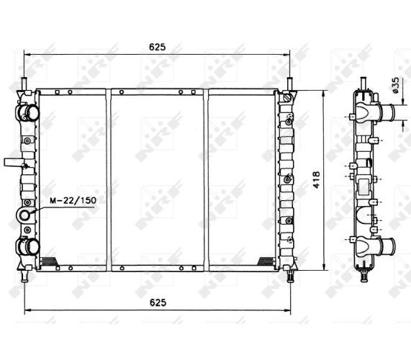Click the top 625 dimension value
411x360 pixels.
point(157,47)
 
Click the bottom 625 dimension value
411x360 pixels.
point(158,302)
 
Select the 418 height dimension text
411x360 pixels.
point(317,179)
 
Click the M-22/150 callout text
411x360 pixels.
point(73,201)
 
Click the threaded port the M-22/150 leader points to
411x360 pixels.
point(24,215)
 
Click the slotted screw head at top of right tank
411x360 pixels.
point(288,99)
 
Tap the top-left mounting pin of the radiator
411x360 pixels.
point(24,84)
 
